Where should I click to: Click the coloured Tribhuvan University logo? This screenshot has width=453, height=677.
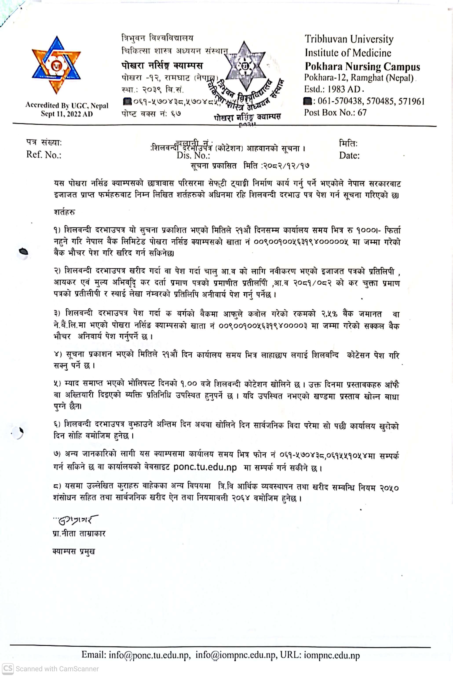pyautogui.click(x=56, y=65)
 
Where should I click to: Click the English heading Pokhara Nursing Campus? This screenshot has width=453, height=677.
pyautogui.click(x=362, y=66)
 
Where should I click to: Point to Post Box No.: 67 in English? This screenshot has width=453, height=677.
pyautogui.click(x=335, y=112)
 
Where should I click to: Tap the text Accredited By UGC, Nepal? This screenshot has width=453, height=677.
pyautogui.click(x=67, y=105)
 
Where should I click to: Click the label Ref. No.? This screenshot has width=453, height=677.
pyautogui.click(x=44, y=155)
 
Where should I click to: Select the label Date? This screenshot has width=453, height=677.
pyautogui.click(x=349, y=156)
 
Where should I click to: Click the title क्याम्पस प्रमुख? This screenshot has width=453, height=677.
pyautogui.click(x=74, y=551)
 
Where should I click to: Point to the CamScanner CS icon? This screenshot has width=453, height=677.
pyautogui.click(x=7, y=669)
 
